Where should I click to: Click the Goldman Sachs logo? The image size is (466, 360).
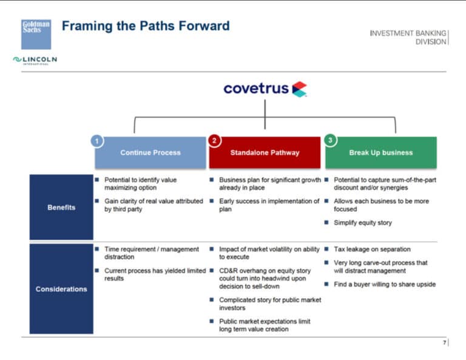[36, 34]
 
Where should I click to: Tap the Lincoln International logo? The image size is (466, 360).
[35, 59]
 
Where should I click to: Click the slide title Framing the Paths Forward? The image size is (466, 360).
[146, 26]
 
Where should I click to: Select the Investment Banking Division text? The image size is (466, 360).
[408, 37]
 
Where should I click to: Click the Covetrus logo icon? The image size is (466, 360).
[299, 89]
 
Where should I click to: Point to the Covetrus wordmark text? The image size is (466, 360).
[255, 89]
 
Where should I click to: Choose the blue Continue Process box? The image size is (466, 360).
[150, 153]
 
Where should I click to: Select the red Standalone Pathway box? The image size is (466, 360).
[265, 153]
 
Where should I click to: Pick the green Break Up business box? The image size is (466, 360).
[380, 153]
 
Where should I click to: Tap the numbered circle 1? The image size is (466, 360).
[96, 141]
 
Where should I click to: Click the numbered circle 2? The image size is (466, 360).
[214, 141]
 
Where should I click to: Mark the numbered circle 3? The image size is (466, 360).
[330, 141]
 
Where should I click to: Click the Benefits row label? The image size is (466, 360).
[61, 208]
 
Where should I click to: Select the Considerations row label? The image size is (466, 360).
[61, 289]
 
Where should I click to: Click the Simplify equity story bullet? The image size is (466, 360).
[363, 223]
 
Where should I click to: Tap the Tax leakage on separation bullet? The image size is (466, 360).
[372, 250]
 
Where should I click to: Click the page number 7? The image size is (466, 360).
[444, 343]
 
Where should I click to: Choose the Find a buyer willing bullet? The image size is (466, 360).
[384, 284]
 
